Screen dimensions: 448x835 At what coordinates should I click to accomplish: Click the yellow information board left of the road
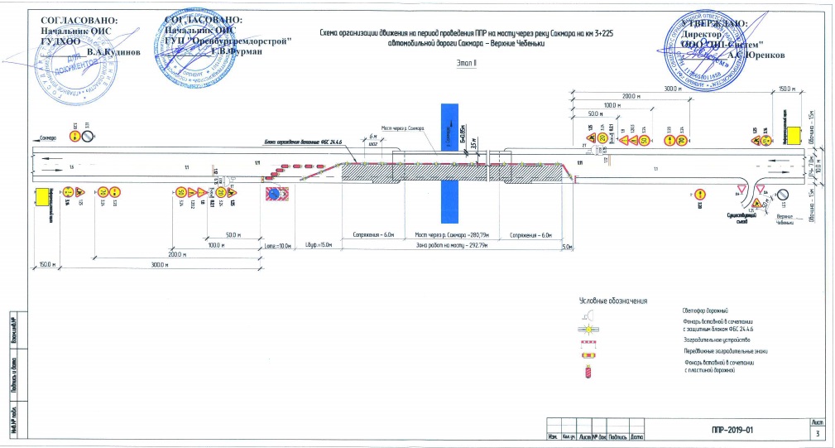click(41, 197)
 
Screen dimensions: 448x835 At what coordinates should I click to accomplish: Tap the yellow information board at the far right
click(794, 135)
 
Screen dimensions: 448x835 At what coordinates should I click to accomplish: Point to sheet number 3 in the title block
click(818, 434)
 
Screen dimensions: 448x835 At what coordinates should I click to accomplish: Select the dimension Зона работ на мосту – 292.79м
click(453, 247)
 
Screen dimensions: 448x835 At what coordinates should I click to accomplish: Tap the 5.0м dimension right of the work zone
click(567, 247)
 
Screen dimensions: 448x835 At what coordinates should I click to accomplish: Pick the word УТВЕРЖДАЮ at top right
click(715, 26)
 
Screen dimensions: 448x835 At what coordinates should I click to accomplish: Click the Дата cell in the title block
click(636, 436)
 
